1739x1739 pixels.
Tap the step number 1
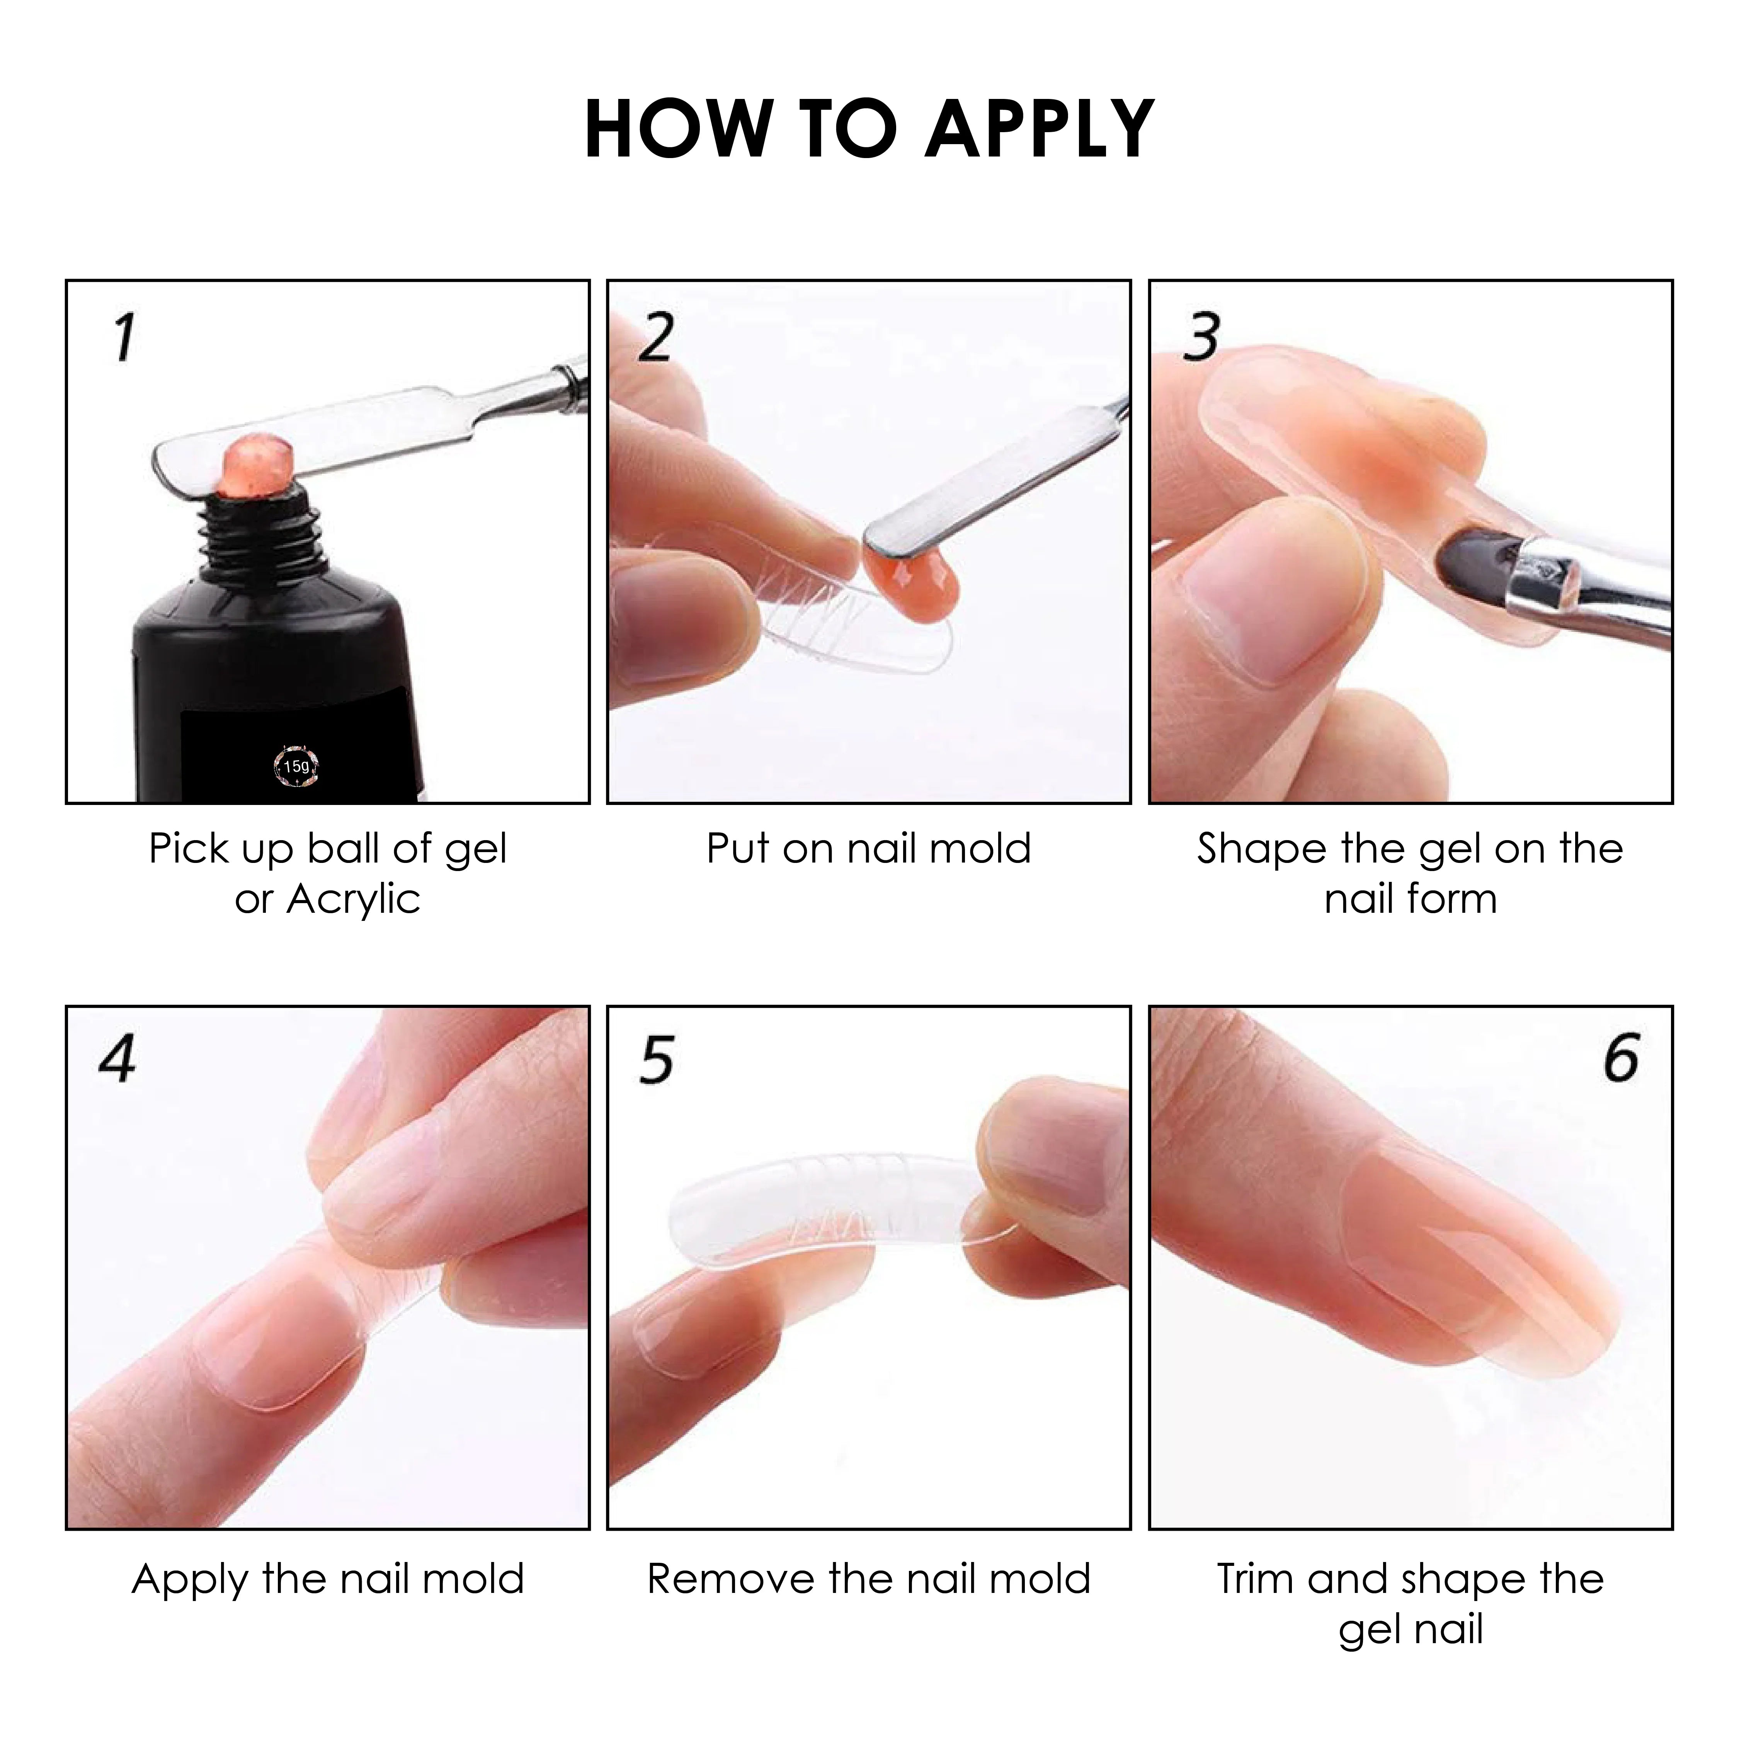pyautogui.click(x=124, y=337)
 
